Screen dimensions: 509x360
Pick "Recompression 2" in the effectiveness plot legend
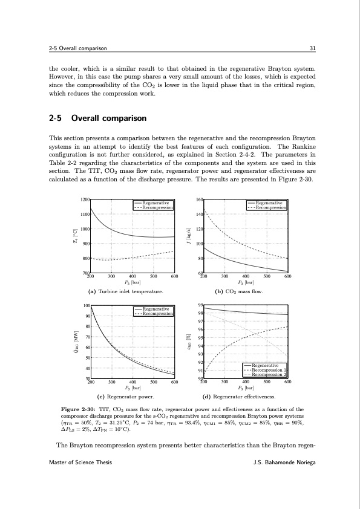tap(269, 375)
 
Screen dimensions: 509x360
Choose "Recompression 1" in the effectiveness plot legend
tap(269, 370)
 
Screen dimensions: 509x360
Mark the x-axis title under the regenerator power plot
tap(132, 388)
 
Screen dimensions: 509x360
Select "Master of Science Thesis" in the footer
tap(80, 479)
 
